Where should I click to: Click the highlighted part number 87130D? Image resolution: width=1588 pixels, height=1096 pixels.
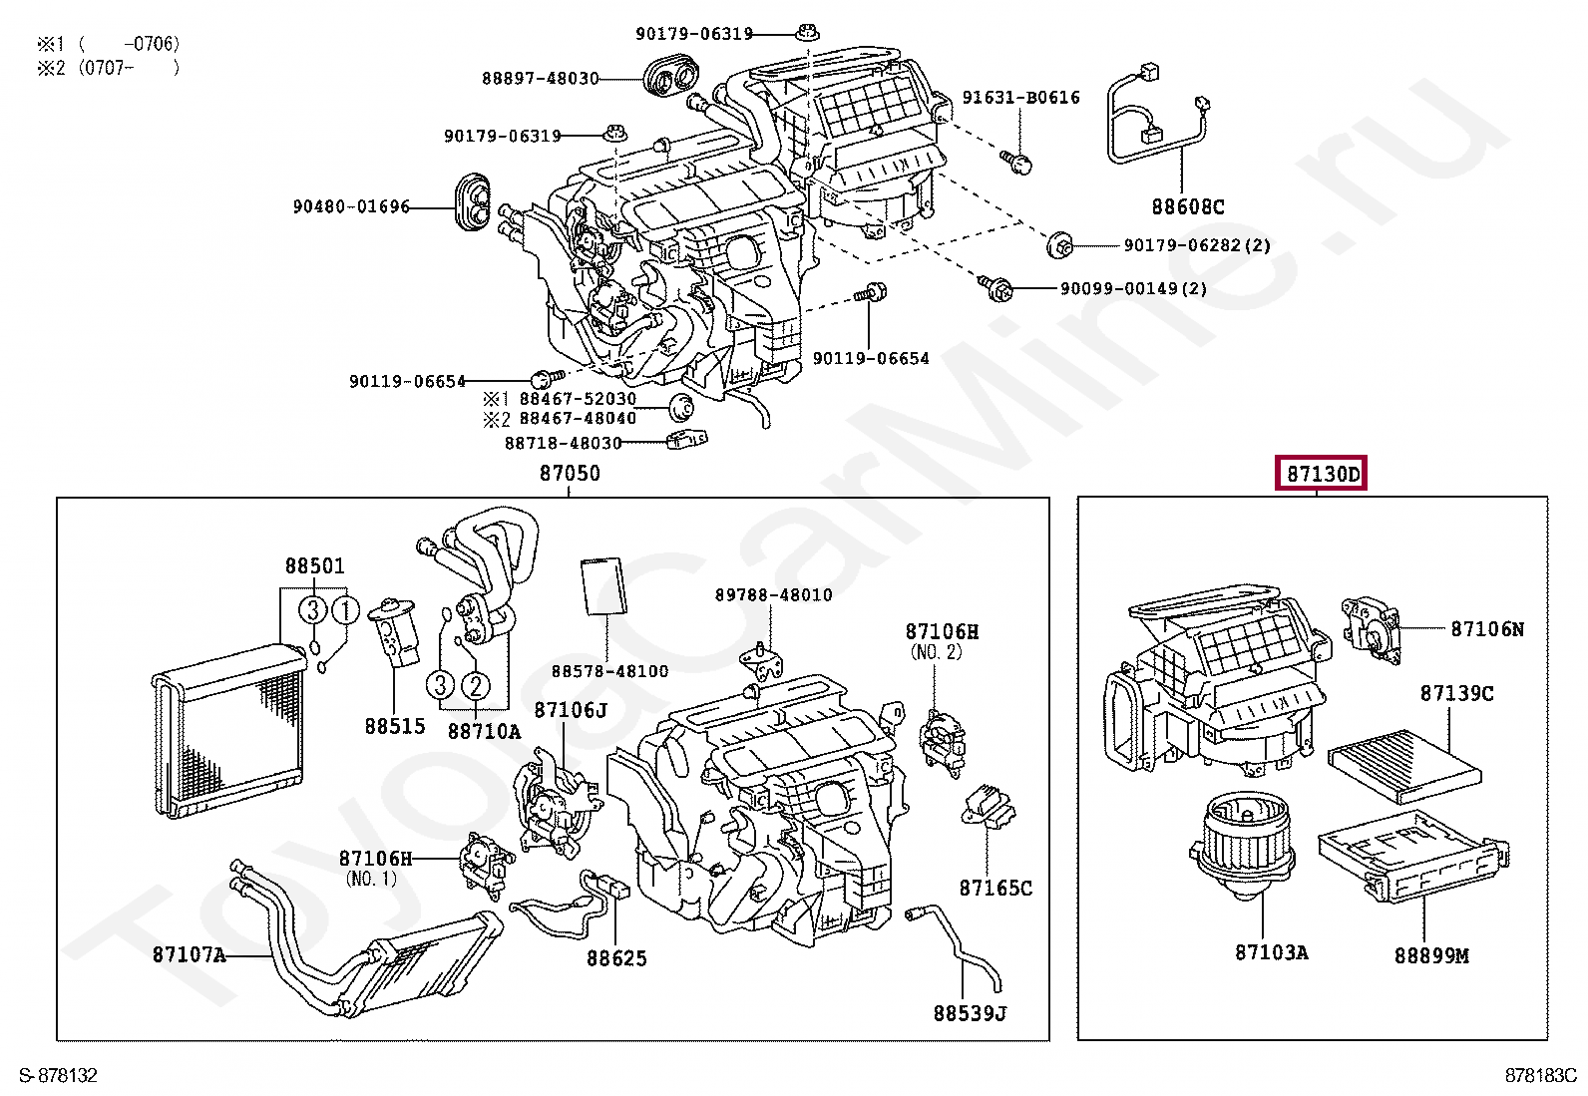1322,475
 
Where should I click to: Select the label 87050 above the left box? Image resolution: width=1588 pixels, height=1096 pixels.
570,474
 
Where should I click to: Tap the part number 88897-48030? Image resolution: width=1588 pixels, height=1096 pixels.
540,78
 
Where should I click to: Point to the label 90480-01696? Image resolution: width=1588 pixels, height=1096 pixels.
351,207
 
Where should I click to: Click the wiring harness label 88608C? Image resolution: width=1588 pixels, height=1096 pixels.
1187,207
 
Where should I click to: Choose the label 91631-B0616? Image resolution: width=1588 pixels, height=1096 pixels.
1020,98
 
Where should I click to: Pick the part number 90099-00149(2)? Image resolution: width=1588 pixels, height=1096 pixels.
1133,289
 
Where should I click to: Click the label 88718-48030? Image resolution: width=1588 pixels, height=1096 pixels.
563,443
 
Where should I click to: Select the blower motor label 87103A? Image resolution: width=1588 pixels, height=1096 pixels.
1271,952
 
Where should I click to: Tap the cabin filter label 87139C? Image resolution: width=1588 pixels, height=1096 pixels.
1456,693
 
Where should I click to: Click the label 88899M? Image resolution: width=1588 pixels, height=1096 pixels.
1431,955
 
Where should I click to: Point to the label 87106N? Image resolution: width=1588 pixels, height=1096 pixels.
1486,629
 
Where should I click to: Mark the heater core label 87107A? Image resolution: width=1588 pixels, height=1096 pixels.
189,954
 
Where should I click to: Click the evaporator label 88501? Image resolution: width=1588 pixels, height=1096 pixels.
314,566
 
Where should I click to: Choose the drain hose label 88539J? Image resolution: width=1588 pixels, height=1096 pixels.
970,1014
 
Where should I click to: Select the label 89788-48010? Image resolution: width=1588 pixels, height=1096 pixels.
773,595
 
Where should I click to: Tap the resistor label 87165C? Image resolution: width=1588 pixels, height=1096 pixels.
995,888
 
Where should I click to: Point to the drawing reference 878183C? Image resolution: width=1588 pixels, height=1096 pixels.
1540,1076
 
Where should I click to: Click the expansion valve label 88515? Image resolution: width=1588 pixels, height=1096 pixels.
395,726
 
